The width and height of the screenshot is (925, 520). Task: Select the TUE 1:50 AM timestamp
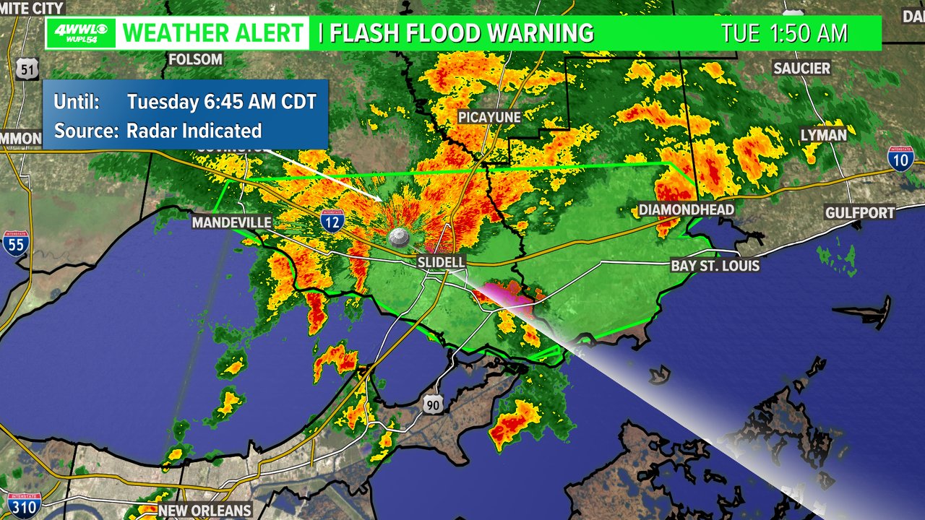coord(784,33)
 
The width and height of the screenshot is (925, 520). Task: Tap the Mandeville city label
coord(231,222)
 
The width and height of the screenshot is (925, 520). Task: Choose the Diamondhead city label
coord(686,209)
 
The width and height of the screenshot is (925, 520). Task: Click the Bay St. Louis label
coord(715,266)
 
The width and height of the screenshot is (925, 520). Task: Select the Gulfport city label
coord(861,212)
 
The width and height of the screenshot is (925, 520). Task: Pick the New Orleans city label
coord(205,511)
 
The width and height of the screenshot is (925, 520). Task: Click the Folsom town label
coord(195,59)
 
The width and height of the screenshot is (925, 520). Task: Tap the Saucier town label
coord(801,68)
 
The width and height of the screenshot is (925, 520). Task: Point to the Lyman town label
coord(823,135)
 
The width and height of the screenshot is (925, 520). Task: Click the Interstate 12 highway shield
coord(332,222)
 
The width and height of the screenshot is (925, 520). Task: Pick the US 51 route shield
coord(27,69)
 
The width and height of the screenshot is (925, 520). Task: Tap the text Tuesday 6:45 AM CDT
coord(222,102)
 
